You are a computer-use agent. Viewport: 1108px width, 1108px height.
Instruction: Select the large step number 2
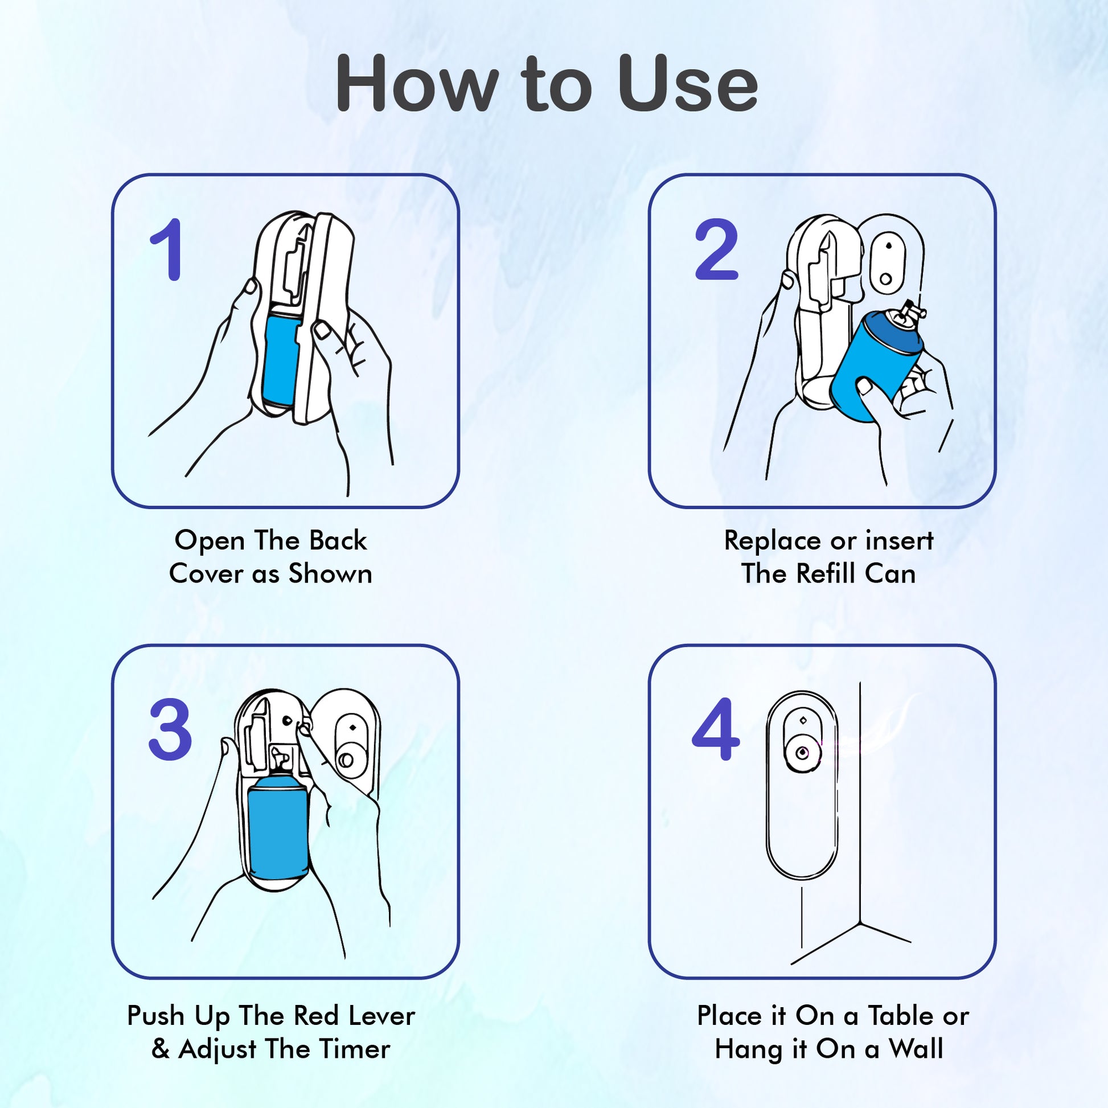[x=716, y=250]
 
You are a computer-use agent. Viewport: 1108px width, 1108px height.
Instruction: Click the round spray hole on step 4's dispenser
[x=802, y=753]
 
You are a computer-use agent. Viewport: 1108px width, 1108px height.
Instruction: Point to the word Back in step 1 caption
[x=338, y=540]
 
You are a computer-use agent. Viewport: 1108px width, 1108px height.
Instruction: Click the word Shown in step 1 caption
[x=330, y=573]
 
